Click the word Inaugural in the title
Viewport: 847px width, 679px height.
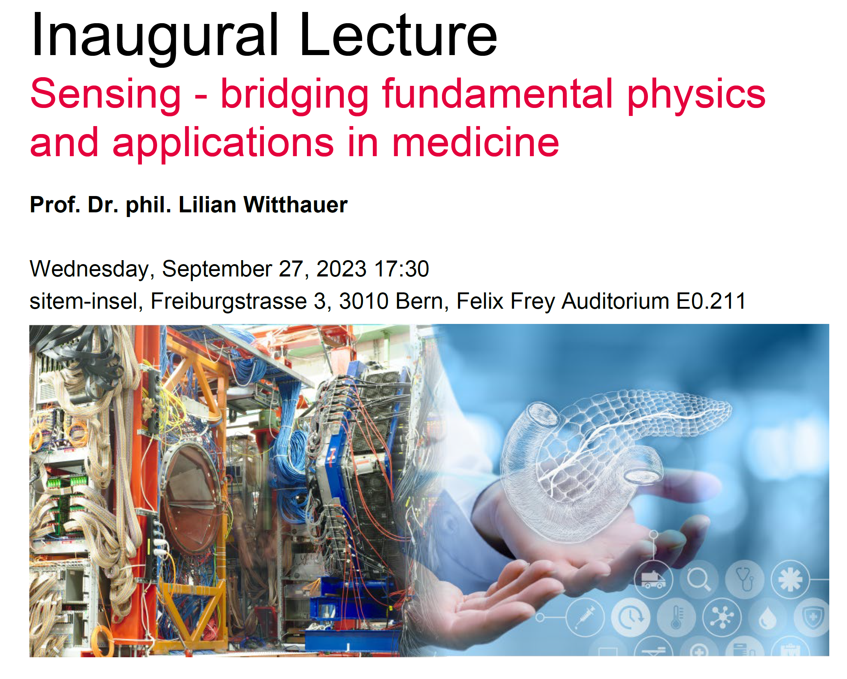[x=155, y=36]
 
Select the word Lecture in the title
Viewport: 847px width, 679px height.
[x=399, y=36]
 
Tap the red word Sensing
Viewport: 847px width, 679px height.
[x=105, y=94]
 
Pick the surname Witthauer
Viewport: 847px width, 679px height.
[x=295, y=205]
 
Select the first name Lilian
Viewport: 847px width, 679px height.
[x=207, y=205]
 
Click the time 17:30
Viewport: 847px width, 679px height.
[x=401, y=269]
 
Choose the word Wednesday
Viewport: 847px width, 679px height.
[x=89, y=269]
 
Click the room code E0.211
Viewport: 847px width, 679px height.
[x=711, y=301]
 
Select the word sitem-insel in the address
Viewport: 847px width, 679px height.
[x=83, y=301]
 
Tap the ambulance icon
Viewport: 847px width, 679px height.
[x=653, y=579]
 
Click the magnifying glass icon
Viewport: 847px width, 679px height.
[x=699, y=579]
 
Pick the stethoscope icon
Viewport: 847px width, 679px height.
[x=745, y=579]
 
